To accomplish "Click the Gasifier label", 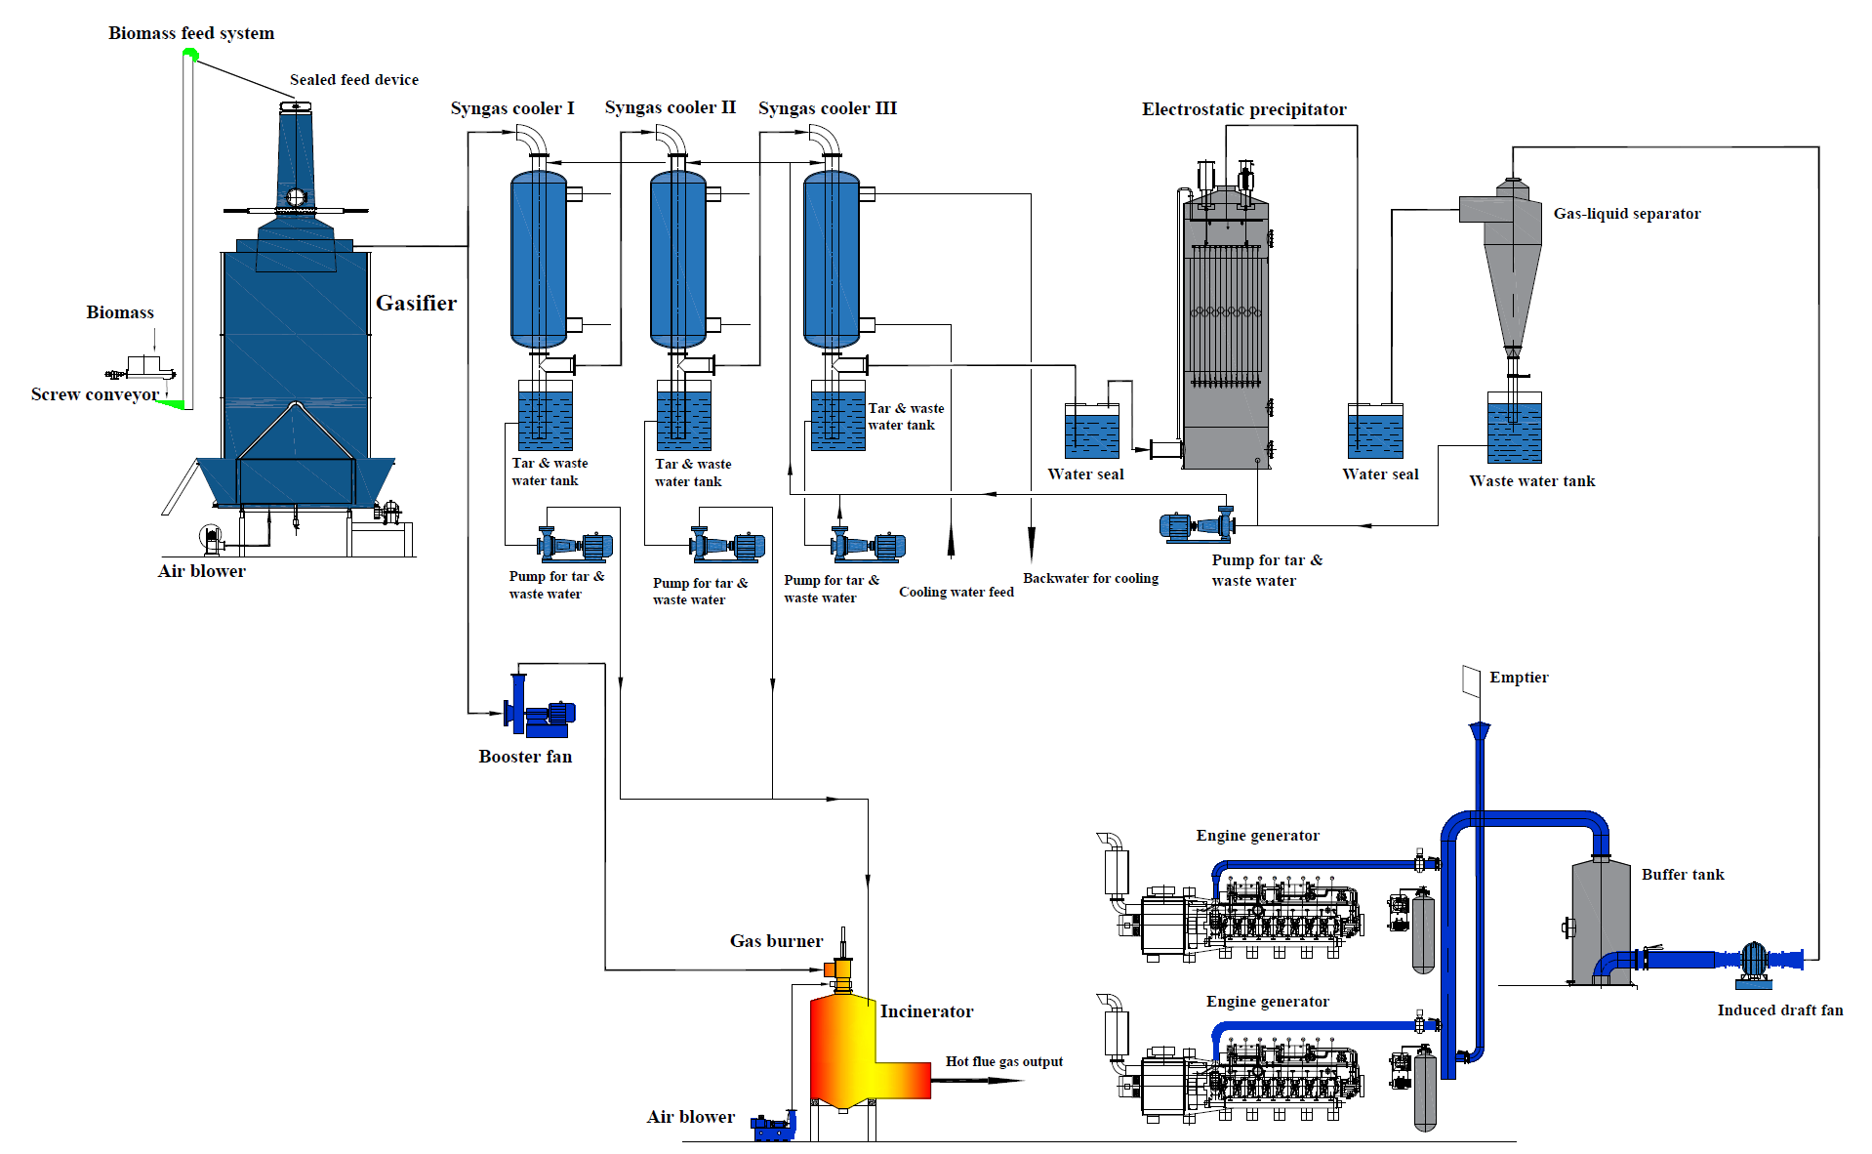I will (416, 304).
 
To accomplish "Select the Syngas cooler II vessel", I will (678, 259).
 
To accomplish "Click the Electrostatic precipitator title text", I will (1243, 109).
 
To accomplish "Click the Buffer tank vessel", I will (1601, 918).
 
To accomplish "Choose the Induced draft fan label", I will (1779, 1010).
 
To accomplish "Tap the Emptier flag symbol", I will (1472, 680).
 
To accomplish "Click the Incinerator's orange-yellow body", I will (843, 1050).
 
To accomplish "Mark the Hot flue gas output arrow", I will (976, 1081).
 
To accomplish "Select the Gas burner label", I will (776, 941).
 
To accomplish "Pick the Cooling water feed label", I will (956, 593).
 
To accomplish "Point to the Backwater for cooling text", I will (1090, 579).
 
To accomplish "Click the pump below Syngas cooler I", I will (576, 545).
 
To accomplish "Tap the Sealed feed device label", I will (353, 80).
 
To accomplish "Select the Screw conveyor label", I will (95, 394).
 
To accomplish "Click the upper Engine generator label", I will (1257, 836).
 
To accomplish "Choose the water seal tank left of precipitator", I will (1092, 433).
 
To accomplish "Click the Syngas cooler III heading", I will (827, 108).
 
